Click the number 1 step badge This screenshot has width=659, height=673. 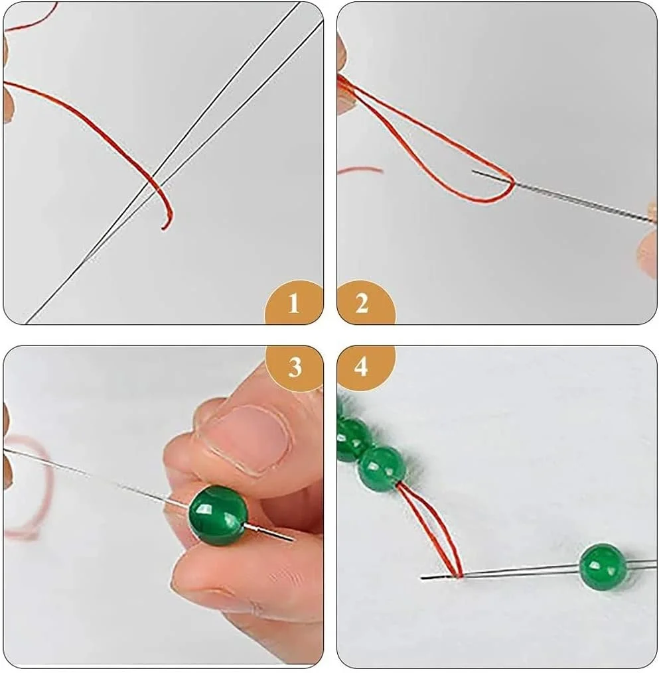(294, 303)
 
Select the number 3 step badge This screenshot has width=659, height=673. (295, 367)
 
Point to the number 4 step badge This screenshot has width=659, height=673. (362, 367)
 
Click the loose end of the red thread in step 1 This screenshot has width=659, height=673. (164, 228)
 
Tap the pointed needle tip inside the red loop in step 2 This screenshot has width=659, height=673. (473, 171)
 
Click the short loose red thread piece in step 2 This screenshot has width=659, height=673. (360, 170)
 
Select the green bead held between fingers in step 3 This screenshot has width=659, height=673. (218, 515)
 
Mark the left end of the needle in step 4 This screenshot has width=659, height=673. (422, 578)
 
